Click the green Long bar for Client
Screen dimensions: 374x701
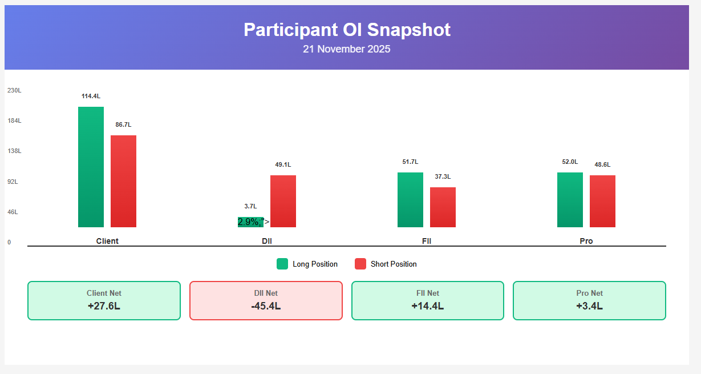pos(91,167)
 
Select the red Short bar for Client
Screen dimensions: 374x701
pos(123,181)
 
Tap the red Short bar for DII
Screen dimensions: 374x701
pos(283,201)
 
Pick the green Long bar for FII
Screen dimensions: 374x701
pos(410,200)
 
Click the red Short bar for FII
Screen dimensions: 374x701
pos(443,207)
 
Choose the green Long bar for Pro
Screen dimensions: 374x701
pos(570,200)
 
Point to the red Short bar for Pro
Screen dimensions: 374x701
pos(602,201)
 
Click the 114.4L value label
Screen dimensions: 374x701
pos(91,96)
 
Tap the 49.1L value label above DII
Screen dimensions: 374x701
pos(283,164)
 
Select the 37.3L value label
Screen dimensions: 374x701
pos(443,176)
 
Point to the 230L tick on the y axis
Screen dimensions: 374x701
pos(14,90)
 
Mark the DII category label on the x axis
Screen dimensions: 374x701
pos(267,241)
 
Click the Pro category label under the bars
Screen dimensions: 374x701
pos(586,241)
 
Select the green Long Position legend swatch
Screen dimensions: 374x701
pos(282,264)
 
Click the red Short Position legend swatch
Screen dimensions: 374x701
pos(360,264)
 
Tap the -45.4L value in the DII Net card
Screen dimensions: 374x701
pos(266,306)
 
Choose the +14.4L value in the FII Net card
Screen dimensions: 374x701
pos(428,306)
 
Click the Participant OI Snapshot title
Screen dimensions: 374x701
pos(347,30)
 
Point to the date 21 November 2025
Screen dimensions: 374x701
pos(347,49)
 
